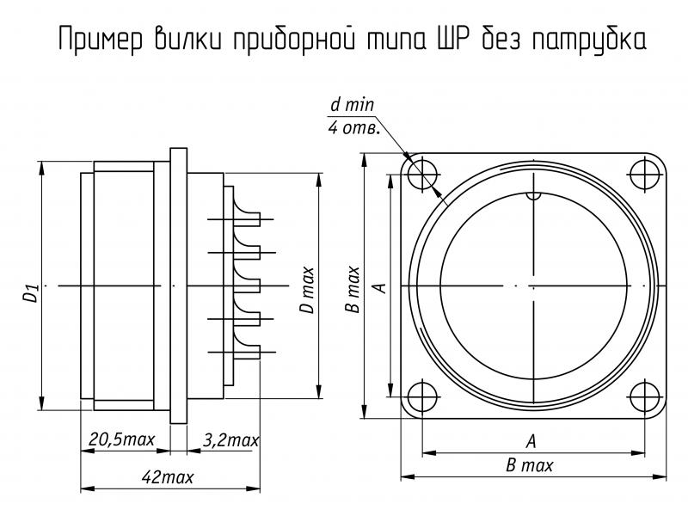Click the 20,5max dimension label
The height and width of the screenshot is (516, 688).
pos(122,440)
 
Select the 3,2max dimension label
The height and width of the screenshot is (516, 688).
pos(231,440)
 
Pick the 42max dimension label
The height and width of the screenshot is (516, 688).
pos(169,476)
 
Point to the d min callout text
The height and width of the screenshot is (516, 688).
pos(351,107)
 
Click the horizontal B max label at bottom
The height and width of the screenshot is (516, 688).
pos(530,465)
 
